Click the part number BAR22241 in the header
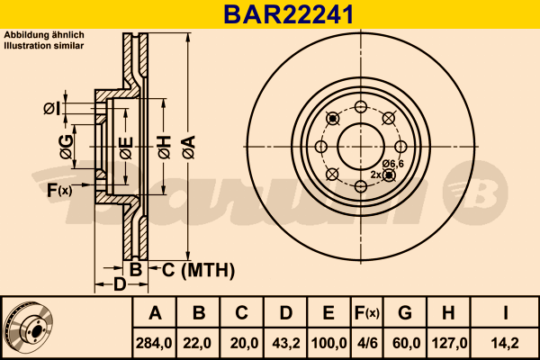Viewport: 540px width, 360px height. tap(289, 14)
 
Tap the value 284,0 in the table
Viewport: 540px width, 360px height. tap(154, 343)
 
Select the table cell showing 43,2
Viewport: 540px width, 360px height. tap(286, 343)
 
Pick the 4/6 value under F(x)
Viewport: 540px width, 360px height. tap(367, 343)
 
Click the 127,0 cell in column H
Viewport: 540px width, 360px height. tap(449, 343)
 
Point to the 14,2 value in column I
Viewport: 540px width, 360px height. tap(505, 343)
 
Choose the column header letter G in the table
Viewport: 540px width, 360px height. tap(405, 313)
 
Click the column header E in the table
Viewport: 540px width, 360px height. tap(328, 313)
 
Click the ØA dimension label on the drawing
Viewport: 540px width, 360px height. tap(189, 148)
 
